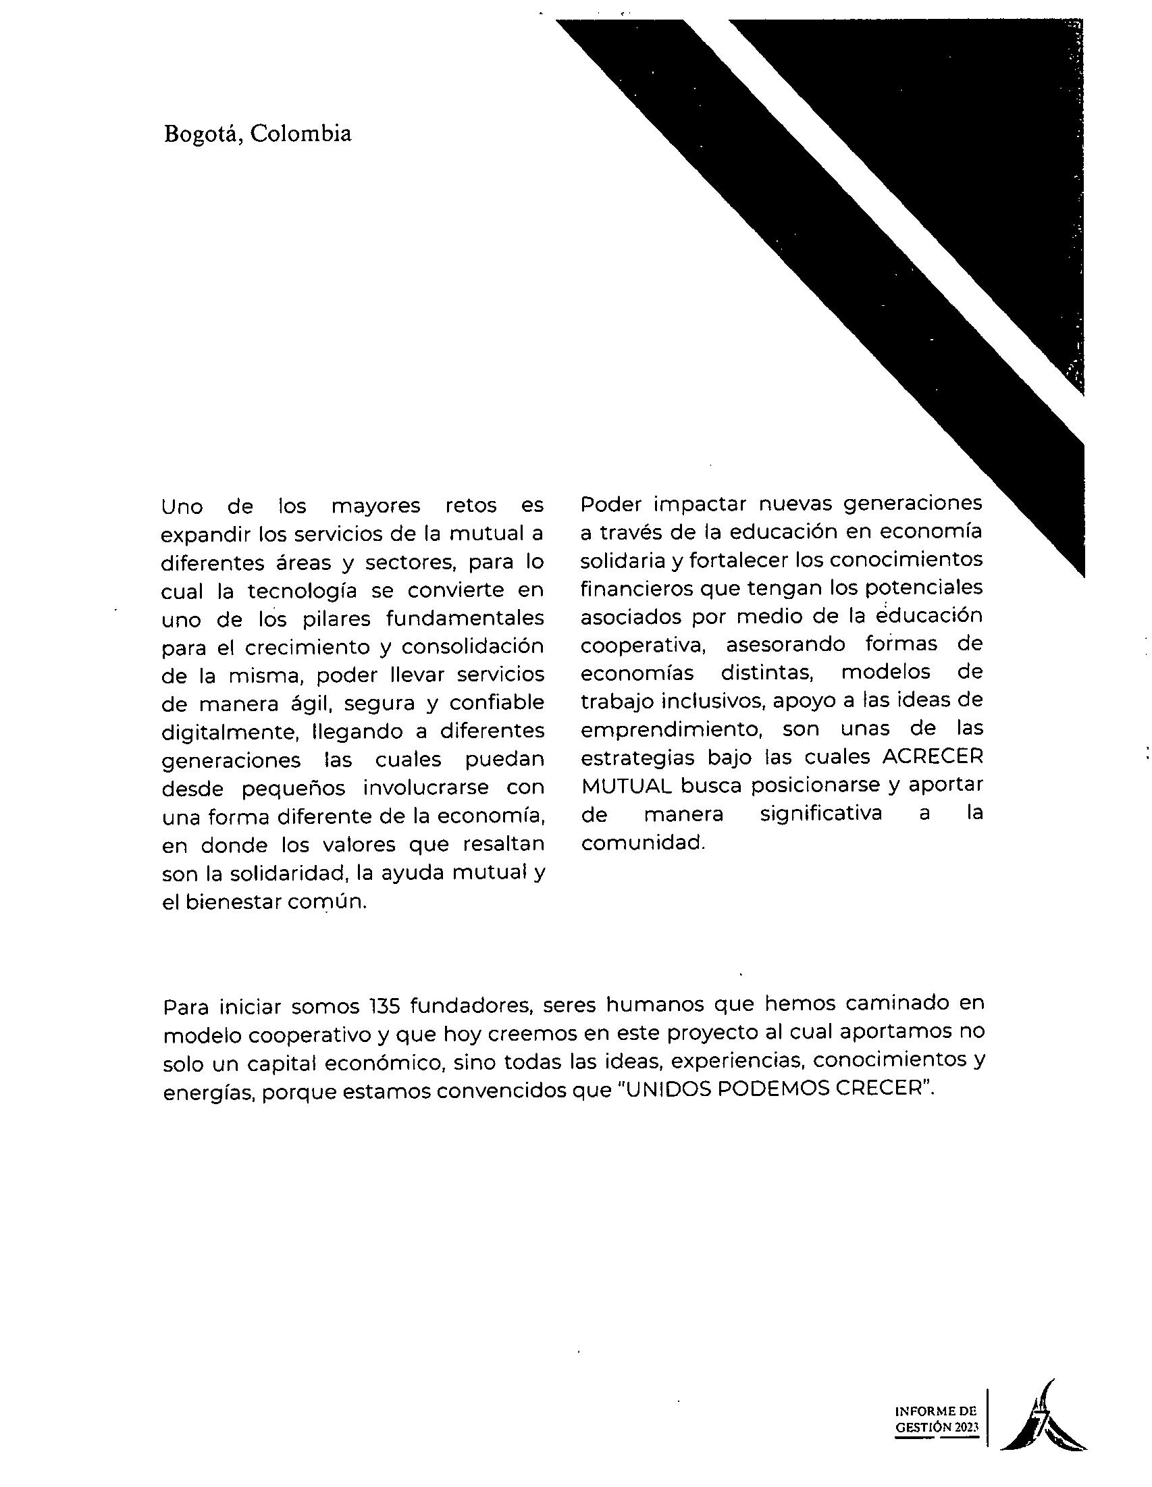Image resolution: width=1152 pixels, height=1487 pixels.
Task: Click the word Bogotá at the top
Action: [203, 134]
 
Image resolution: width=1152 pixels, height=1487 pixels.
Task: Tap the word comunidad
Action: [642, 843]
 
